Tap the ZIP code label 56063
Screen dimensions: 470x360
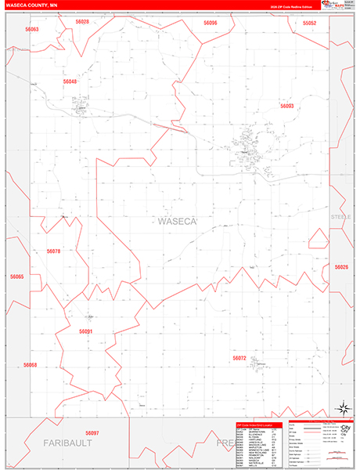tap(31, 29)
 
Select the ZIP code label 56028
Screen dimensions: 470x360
tap(82, 22)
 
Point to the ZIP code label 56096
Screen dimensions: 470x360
tap(211, 23)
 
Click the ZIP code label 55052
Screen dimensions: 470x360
tap(310, 23)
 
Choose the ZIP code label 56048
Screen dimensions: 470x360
tap(70, 81)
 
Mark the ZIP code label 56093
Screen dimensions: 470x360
tap(286, 106)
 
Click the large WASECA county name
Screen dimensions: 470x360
tap(178, 222)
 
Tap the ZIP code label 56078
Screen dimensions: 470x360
tap(53, 251)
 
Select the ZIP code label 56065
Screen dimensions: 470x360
tap(17, 277)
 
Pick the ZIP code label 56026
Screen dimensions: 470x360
tap(341, 267)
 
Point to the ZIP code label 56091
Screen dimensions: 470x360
tap(86, 331)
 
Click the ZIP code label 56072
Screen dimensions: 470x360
tap(239, 358)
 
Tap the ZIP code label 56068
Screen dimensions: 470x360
tap(30, 365)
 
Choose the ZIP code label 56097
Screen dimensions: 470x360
tap(92, 433)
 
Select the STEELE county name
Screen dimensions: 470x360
tap(340, 215)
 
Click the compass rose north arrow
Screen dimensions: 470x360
tap(342, 407)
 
